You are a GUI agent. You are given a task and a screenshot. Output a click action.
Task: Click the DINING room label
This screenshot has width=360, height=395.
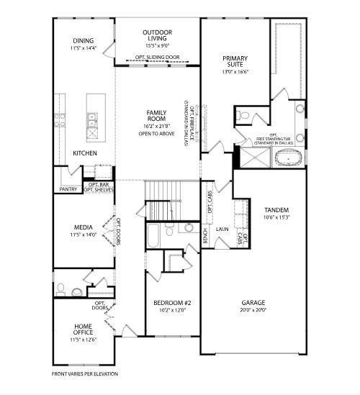click(x=84, y=41)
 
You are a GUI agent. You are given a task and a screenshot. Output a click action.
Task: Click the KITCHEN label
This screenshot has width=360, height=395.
click(x=85, y=153)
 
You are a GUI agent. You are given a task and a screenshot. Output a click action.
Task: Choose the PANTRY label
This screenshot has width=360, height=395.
click(x=68, y=189)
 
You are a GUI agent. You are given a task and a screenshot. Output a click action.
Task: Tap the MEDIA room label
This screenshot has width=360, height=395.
click(x=84, y=227)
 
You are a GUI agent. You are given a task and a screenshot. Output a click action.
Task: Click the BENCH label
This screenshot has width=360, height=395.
click(x=205, y=235)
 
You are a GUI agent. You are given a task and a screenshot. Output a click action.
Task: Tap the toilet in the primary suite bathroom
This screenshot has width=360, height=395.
click(x=243, y=115)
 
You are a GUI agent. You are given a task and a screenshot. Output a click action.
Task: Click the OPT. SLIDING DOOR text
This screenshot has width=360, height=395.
click(x=158, y=57)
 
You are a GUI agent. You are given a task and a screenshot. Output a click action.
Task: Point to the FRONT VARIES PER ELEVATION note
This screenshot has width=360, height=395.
click(x=85, y=374)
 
